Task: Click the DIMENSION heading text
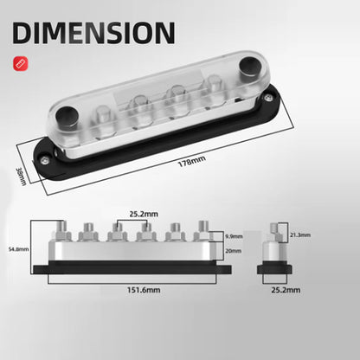click(96, 32)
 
